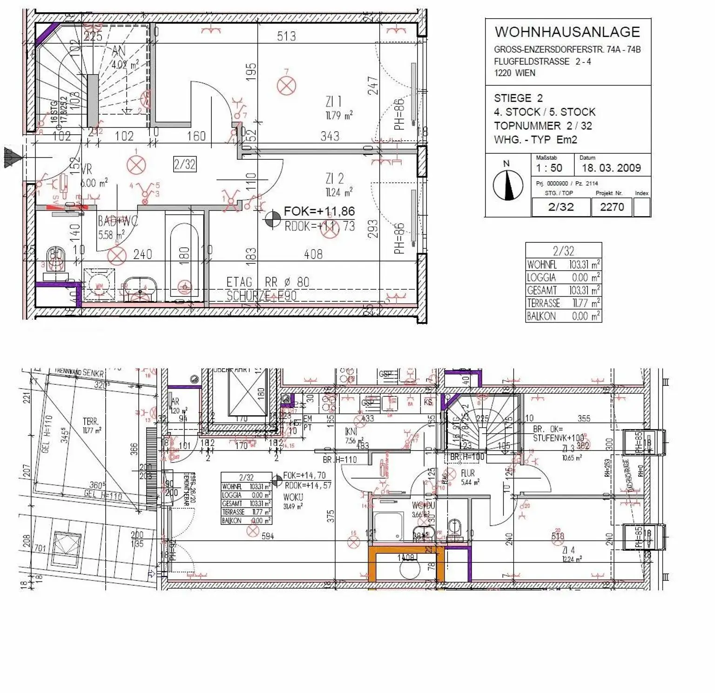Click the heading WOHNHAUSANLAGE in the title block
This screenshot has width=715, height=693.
[567, 32]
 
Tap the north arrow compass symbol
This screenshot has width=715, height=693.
[508, 185]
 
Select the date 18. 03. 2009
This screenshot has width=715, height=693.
[611, 168]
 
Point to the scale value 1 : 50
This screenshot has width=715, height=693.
[549, 168]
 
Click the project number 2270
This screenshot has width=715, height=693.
[612, 207]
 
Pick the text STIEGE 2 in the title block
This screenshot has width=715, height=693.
[518, 98]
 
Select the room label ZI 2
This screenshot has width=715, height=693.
[334, 178]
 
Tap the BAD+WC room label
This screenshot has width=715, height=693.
[117, 221]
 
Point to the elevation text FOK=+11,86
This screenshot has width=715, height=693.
[319, 212]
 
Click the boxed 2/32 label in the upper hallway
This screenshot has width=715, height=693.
[185, 164]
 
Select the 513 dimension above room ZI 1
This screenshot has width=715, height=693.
[286, 36]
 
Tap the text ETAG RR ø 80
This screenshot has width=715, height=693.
[268, 282]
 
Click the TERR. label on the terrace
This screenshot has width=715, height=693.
[90, 421]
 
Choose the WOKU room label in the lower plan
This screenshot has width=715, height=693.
[293, 497]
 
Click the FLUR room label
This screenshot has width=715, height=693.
[467, 473]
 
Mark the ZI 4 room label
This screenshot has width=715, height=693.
[568, 550]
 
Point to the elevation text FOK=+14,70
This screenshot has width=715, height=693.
[304, 476]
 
